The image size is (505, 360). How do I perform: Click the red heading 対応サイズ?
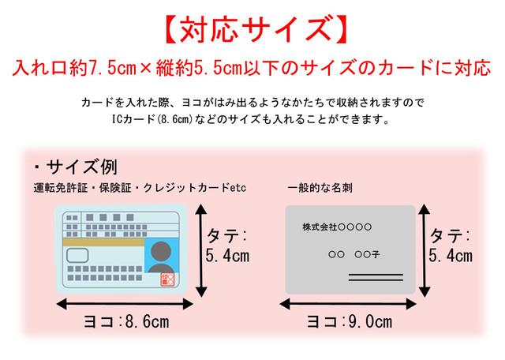(x=255, y=30)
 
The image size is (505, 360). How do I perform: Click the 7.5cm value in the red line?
(x=112, y=68)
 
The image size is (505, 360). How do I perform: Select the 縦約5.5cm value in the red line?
(x=199, y=68)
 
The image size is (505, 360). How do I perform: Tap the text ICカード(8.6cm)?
(x=152, y=119)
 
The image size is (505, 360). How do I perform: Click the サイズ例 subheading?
(x=82, y=167)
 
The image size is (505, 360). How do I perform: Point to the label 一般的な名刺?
(x=320, y=188)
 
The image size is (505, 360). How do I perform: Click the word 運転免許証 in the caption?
(x=61, y=188)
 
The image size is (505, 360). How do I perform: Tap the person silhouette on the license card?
(x=161, y=257)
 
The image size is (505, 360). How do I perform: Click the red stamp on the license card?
(x=167, y=279)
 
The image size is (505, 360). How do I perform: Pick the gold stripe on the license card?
(x=103, y=242)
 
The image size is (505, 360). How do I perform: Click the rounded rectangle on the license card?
(x=77, y=255)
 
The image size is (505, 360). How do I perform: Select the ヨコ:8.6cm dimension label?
(x=126, y=321)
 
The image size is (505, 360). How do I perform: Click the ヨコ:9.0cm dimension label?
(x=350, y=321)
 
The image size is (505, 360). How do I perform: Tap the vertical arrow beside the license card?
(x=201, y=250)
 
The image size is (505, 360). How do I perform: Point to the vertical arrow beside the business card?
(x=425, y=250)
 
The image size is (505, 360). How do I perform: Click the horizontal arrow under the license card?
(x=125, y=304)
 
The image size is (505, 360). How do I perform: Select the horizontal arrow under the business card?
(x=348, y=304)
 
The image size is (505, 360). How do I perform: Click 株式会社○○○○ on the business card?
(x=337, y=227)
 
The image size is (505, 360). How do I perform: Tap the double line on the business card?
(x=376, y=277)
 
